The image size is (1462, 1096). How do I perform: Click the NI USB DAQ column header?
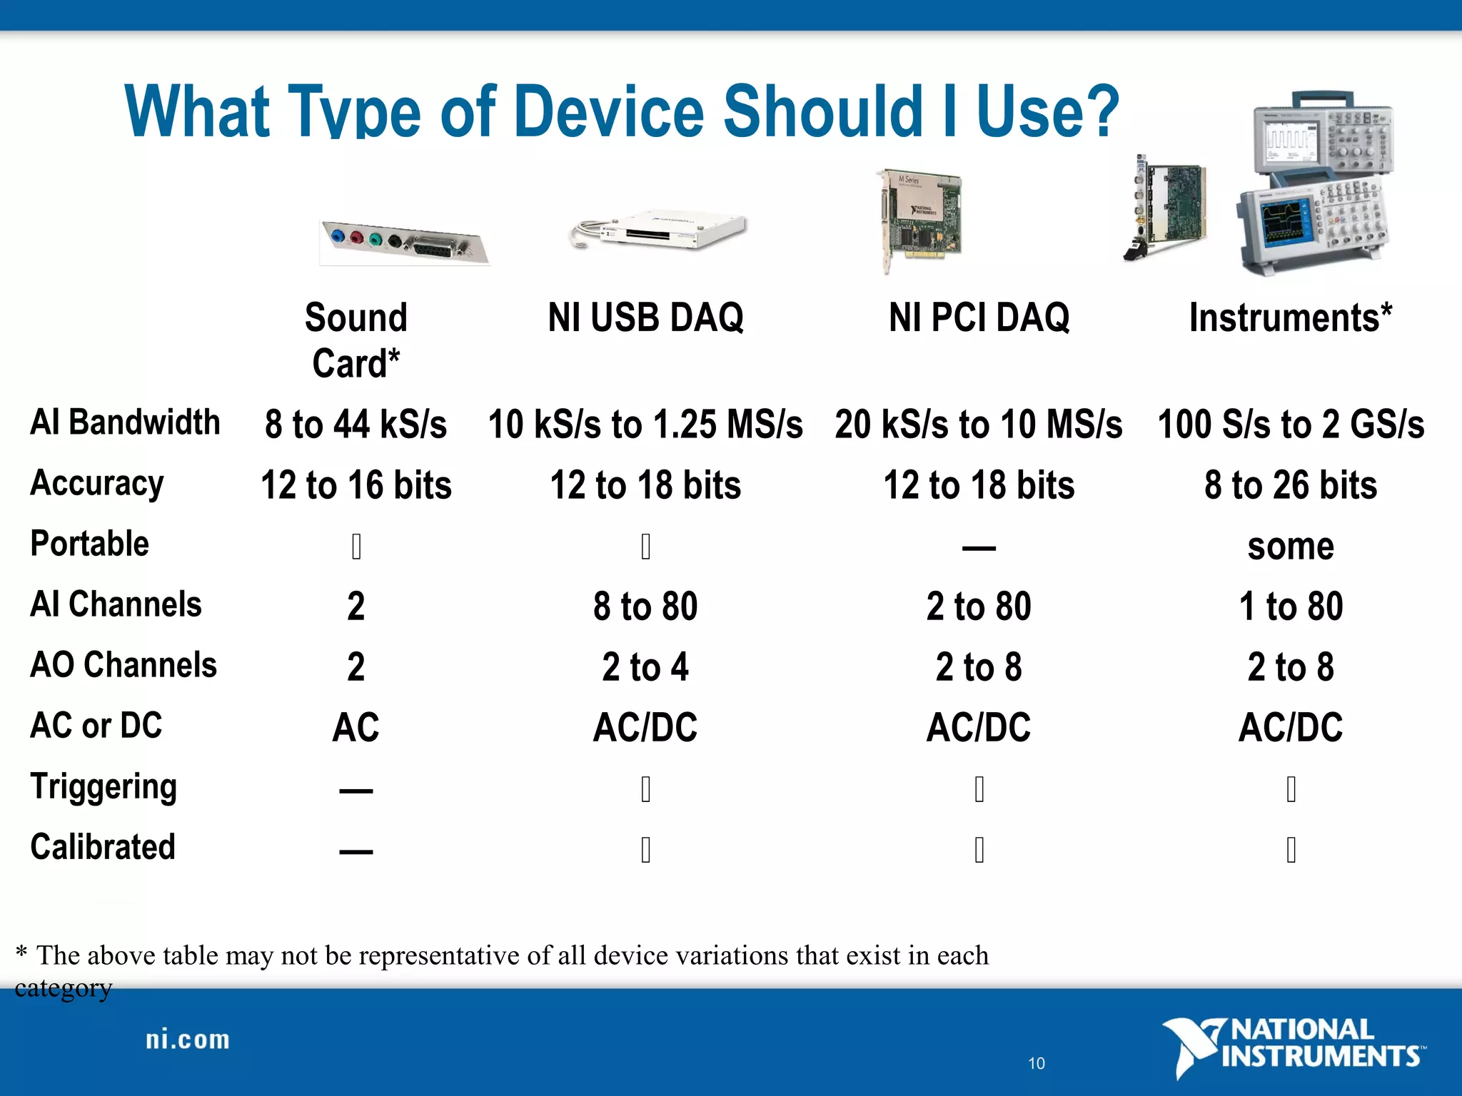(x=645, y=318)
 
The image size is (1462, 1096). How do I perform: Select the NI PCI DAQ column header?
(x=979, y=318)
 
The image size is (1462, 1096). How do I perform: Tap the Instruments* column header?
(x=1290, y=318)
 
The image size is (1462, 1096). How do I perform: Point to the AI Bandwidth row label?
(x=125, y=422)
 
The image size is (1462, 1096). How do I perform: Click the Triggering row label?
(x=104, y=787)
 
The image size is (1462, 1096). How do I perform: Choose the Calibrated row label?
(x=103, y=847)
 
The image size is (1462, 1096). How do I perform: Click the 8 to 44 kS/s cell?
(x=356, y=425)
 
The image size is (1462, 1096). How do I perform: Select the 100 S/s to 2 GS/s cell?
(x=1291, y=425)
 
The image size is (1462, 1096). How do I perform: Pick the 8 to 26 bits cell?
(x=1291, y=485)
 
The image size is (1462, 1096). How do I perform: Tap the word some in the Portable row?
(x=1291, y=547)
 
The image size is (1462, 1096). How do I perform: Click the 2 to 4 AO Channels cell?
(x=645, y=667)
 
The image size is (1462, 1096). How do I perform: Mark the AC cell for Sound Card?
(x=356, y=728)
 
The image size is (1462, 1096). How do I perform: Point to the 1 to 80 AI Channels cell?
(x=1291, y=607)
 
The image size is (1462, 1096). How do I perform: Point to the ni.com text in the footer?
(x=188, y=1040)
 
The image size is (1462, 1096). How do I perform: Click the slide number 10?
(x=1037, y=1063)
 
